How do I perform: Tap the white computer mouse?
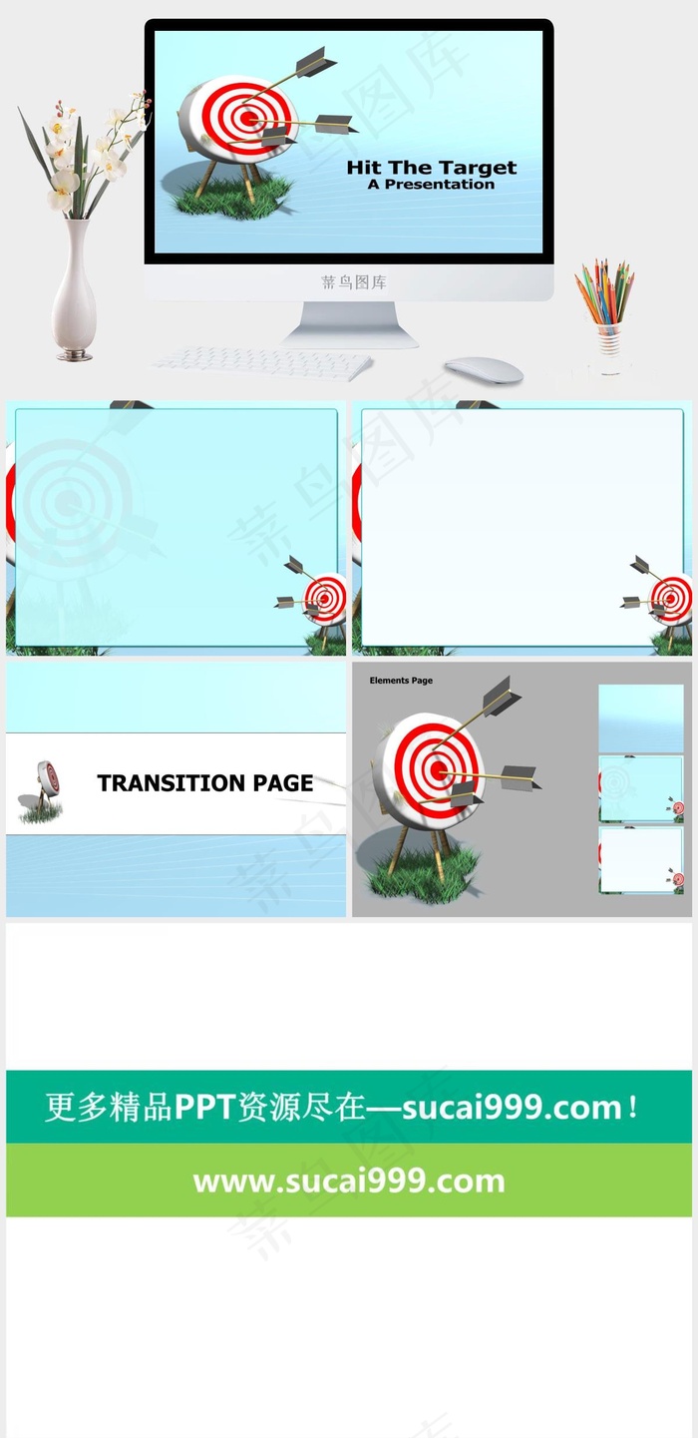pos(484,371)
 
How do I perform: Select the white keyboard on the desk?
pos(261,362)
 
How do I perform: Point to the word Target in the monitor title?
pos(478,169)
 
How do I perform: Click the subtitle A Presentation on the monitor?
pos(431,185)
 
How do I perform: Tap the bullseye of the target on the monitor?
pos(247,118)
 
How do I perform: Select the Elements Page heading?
pos(401,681)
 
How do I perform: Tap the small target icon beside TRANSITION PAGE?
pos(42,791)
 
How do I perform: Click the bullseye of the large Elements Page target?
pos(439,770)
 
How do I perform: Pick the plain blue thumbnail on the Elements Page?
pos(641,719)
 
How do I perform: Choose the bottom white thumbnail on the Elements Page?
pos(641,860)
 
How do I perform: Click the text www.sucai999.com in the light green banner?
pos(349,1181)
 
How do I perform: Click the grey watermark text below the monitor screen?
pos(354,282)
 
